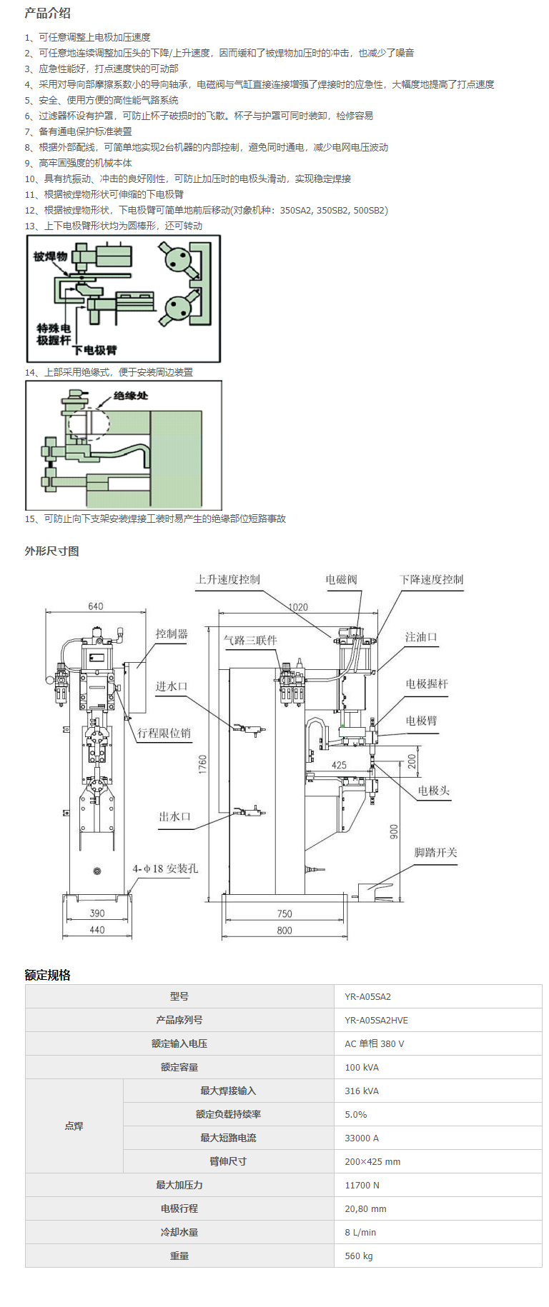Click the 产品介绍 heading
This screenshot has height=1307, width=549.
[x=47, y=13]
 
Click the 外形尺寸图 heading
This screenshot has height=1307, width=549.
[x=51, y=551]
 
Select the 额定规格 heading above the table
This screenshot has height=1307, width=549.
[x=47, y=975]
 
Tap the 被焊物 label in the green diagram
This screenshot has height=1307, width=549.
[x=50, y=256]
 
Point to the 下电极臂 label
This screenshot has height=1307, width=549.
[x=94, y=350]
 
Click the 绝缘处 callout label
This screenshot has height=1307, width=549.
[x=131, y=395]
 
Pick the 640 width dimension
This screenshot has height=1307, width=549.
[x=96, y=606]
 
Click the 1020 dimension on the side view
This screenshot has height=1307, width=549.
[x=298, y=607]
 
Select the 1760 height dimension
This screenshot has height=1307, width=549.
[x=203, y=764]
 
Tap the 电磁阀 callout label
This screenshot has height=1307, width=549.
[x=341, y=579]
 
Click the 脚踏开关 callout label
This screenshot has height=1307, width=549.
[x=435, y=852]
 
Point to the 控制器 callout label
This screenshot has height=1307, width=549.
[x=172, y=634]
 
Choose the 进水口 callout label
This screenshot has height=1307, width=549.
[x=172, y=686]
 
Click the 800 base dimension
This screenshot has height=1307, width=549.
[x=285, y=930]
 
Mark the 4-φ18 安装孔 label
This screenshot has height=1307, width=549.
[x=165, y=868]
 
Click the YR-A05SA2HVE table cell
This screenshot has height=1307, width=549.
[x=376, y=1020]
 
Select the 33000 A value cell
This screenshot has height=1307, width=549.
[x=362, y=1138]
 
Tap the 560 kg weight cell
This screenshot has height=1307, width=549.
[x=359, y=1256]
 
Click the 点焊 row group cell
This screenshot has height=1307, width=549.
[x=74, y=1126]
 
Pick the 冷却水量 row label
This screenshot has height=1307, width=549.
[x=179, y=1232]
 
